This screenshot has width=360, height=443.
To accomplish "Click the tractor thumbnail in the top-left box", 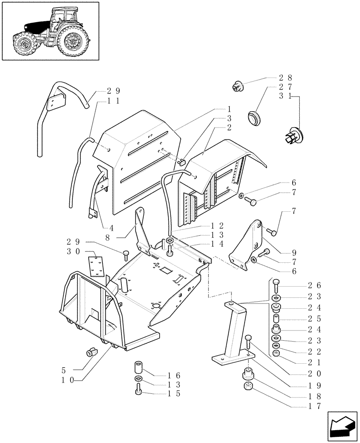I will [50, 31].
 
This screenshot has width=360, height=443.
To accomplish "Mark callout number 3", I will [230, 118].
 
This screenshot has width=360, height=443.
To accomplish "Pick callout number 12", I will [229, 226].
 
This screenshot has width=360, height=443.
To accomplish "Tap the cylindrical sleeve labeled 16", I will [138, 367].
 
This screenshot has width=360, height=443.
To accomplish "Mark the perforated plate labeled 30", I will [96, 267].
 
